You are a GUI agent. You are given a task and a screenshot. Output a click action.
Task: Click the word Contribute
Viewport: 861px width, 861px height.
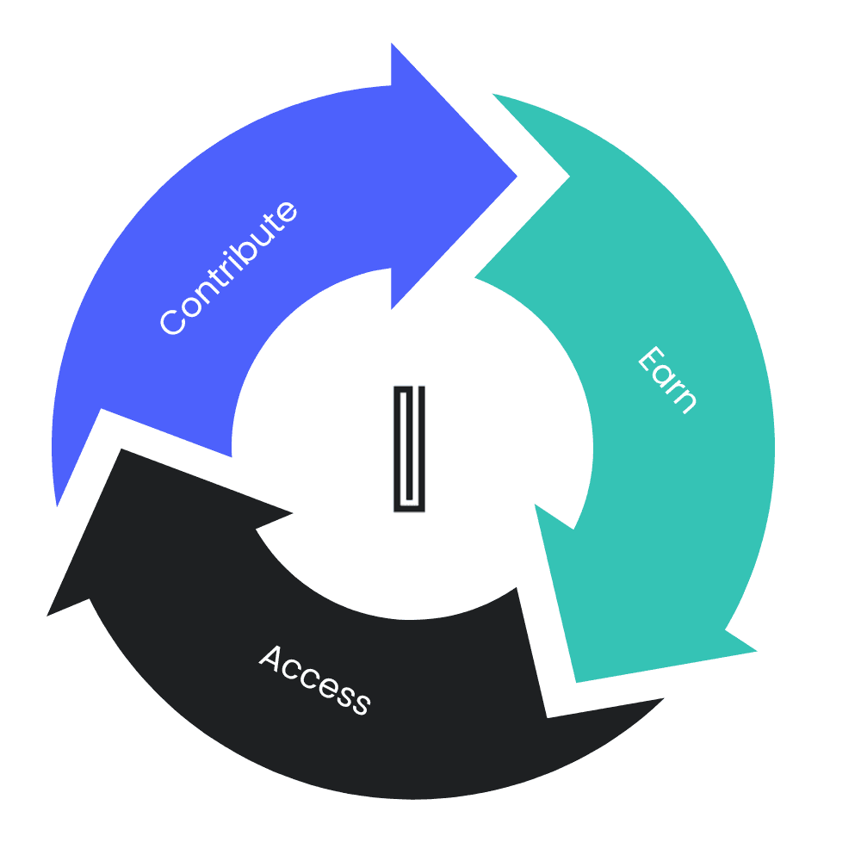pos(230,268)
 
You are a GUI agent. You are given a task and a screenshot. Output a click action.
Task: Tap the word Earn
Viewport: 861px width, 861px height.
pos(666,380)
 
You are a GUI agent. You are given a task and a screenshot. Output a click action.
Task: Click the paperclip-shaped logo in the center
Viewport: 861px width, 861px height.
pos(410,449)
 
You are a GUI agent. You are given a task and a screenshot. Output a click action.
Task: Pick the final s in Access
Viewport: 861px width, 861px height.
pos(360,703)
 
